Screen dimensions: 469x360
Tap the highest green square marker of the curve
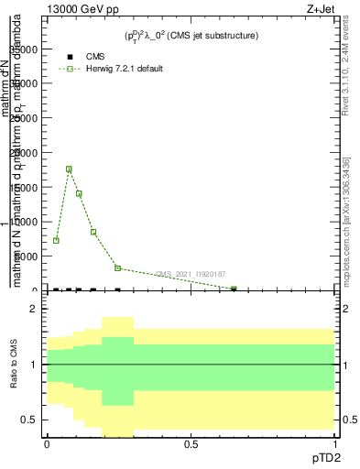[x=69, y=169]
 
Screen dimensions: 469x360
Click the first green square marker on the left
[x=57, y=240]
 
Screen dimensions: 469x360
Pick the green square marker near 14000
[x=79, y=193]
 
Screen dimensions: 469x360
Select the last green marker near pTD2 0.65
[x=234, y=289]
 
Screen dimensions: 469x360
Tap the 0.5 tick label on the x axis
[x=191, y=444]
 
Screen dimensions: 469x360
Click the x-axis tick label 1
[x=335, y=444]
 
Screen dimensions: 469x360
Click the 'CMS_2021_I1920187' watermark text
[x=191, y=274]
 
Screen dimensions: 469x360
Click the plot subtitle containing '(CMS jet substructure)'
[x=191, y=36]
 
